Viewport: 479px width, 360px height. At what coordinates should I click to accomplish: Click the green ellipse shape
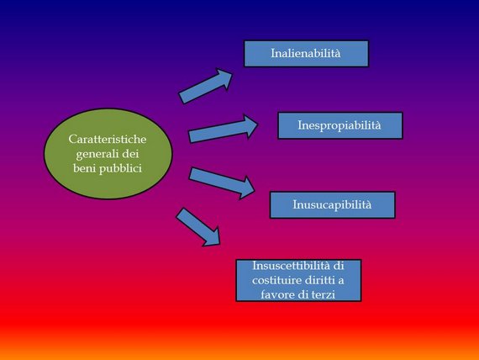point(108,154)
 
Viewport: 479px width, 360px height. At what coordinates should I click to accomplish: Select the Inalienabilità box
point(306,54)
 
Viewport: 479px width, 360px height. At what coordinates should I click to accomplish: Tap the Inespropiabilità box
point(340,125)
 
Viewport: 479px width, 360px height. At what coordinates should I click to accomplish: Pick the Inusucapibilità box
point(333,204)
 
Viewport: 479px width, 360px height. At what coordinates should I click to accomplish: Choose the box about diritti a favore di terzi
point(298,280)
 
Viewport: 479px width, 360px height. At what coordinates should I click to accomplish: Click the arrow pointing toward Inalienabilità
point(205,87)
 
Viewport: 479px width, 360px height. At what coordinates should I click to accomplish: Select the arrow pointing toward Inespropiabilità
point(223,129)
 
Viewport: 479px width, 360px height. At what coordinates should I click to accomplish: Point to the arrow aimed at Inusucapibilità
point(222,183)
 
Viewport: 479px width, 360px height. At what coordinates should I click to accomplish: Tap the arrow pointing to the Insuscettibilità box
point(198,227)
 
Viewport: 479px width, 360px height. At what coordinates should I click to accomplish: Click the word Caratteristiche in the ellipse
point(108,140)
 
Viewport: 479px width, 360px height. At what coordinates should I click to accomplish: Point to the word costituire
point(277,280)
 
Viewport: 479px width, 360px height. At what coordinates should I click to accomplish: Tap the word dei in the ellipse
point(130,154)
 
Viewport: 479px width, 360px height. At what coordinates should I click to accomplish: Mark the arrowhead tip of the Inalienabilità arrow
point(233,73)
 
